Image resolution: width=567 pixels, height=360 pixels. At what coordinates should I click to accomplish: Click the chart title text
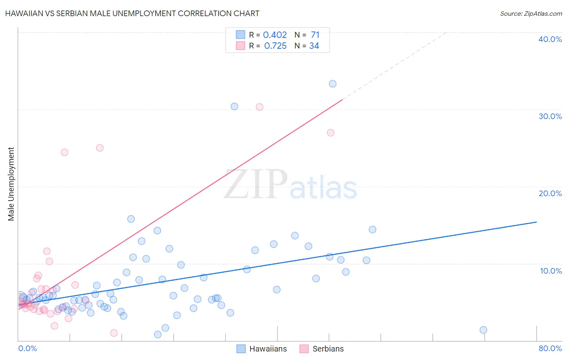coord(132,13)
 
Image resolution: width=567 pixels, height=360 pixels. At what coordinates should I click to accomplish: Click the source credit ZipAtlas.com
coord(531,13)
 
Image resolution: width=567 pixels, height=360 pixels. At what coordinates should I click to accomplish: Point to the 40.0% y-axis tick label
coord(550,39)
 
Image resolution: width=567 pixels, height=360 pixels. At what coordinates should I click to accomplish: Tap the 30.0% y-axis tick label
coord(550,116)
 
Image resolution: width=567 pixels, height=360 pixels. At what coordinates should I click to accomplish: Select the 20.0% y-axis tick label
coord(550,193)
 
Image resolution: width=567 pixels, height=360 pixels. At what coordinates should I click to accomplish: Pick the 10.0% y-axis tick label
coord(551,271)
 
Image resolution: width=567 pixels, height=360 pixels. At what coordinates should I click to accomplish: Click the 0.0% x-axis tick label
coord(27,348)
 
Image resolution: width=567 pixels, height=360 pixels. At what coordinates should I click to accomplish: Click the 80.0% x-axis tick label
coord(550,348)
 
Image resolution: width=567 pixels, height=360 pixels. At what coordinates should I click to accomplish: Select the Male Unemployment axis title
coord(11,184)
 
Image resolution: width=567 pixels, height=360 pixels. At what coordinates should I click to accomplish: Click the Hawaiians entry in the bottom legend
coord(268,349)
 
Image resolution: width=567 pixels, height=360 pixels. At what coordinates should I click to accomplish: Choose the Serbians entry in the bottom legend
coord(328,349)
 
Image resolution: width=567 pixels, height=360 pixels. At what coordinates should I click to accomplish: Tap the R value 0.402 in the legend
coord(275,35)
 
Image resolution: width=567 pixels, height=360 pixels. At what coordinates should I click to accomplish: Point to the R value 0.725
coord(275,46)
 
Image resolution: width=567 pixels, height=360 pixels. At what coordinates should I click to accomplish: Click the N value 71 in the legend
coord(315,35)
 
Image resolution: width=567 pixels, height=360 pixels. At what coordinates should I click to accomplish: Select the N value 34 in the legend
coord(314,46)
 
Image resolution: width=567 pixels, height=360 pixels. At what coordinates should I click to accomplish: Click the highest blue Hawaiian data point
coord(333,84)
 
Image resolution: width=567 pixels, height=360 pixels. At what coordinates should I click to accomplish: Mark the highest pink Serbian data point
coord(260,107)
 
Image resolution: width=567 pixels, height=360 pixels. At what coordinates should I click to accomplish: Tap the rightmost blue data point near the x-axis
coord(484,330)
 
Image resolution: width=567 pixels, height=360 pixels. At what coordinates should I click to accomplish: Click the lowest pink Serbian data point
coord(114,333)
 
